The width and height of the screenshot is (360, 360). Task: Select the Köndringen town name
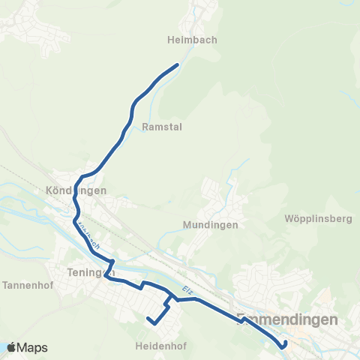point(76,190)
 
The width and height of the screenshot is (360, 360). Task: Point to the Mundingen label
point(210,225)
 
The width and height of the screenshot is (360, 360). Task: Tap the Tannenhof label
point(27,286)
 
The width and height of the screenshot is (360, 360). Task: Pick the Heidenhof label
point(160,346)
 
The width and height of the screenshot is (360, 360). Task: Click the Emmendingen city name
point(287,319)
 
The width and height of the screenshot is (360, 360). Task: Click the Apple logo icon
point(11,347)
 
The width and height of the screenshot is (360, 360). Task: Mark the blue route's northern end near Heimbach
point(177,65)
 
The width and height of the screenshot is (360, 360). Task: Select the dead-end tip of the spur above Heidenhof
point(148,319)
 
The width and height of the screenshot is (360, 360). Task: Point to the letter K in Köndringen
point(50,190)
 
